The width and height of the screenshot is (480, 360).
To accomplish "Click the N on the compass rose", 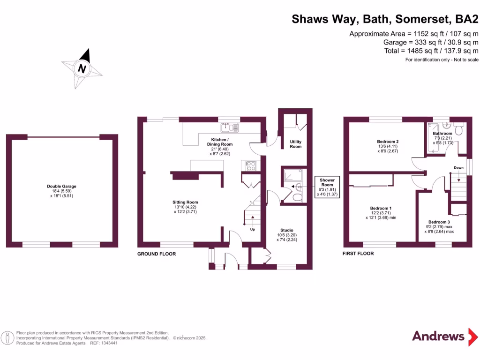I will (82, 69).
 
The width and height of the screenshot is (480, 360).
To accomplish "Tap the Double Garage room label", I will (61, 186).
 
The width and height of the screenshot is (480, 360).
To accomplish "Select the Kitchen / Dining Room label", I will (220, 142).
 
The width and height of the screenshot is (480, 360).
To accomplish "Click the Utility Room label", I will (296, 144).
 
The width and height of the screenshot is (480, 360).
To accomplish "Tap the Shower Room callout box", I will (327, 187).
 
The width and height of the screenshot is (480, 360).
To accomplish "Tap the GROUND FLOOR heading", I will (157, 254).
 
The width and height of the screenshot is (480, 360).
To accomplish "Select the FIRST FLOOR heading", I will (359, 254).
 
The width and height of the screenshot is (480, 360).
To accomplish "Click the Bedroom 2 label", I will (388, 142).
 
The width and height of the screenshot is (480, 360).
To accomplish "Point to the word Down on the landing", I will (458, 167).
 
